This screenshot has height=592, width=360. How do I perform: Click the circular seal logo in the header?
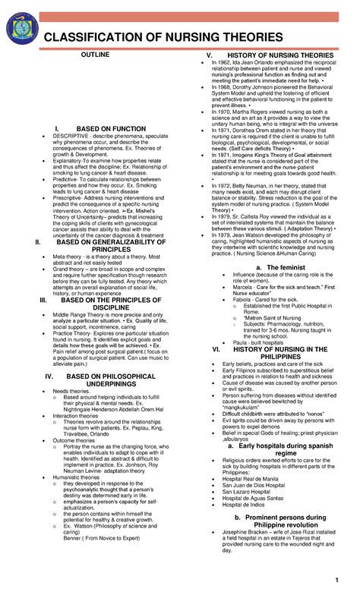(x=21, y=35)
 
